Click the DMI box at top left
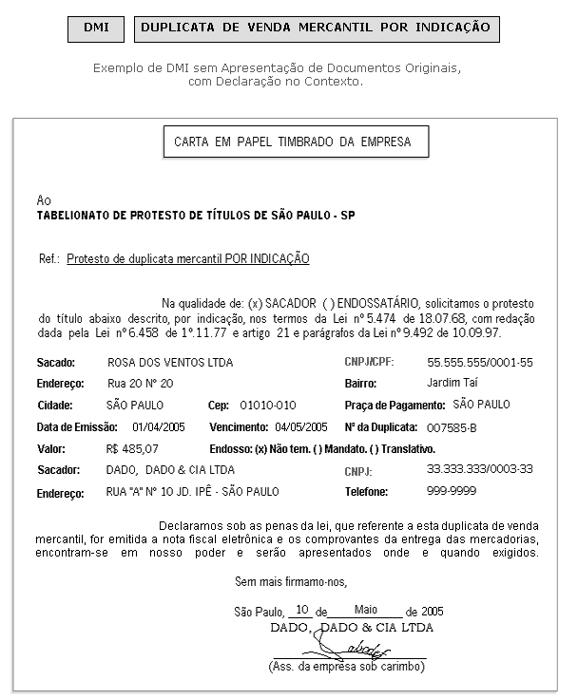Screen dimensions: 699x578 click(x=95, y=28)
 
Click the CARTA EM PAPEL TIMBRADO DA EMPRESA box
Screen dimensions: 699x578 click(x=293, y=142)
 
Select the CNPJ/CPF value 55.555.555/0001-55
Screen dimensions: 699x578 click(x=480, y=363)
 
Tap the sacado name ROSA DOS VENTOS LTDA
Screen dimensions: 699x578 click(x=170, y=363)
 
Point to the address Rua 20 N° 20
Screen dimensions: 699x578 click(x=141, y=384)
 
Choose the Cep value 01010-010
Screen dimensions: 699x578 click(x=268, y=405)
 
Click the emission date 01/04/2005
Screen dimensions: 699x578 click(x=158, y=426)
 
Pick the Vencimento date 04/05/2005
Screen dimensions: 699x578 click(x=300, y=426)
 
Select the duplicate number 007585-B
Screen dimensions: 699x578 click(x=453, y=427)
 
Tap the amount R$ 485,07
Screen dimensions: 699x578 click(x=133, y=448)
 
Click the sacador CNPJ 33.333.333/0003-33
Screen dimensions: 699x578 click(x=480, y=469)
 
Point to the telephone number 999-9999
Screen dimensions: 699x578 click(x=452, y=491)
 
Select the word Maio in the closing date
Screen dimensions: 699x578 click(x=366, y=609)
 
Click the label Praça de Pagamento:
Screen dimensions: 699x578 click(x=395, y=405)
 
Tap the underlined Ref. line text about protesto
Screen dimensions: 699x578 click(x=188, y=258)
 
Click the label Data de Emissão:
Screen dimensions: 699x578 click(x=77, y=426)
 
